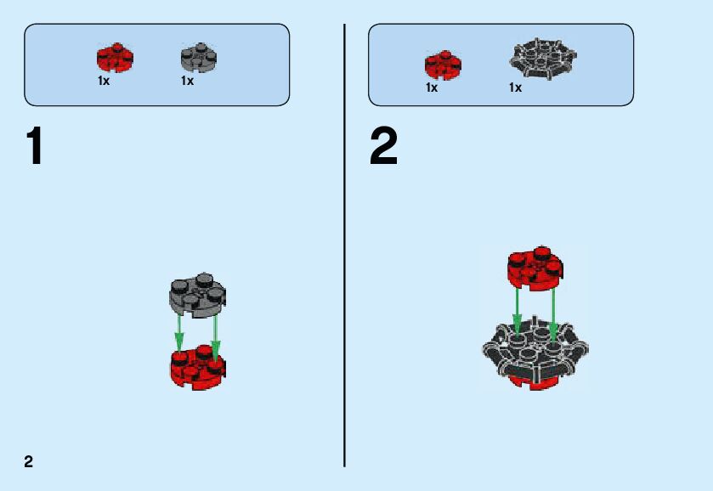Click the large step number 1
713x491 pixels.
pos(35,147)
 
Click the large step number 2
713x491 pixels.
pos(383,147)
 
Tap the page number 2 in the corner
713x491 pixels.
pos(29,461)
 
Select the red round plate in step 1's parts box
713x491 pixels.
pos(115,58)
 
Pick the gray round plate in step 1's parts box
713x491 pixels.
pos(199,58)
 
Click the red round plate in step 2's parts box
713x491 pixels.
pos(443,65)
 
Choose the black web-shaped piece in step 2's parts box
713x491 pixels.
pos(543,58)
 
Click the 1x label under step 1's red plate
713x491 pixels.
pos(104,82)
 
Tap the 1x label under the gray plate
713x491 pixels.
pos(187,82)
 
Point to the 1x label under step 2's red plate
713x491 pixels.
pos(432,87)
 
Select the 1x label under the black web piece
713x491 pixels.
pos(515,87)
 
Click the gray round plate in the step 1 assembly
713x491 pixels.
pos(197,295)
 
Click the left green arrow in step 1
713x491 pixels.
pos(179,333)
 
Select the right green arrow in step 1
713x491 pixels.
pos(216,336)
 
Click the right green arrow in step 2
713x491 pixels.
pos(553,314)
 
